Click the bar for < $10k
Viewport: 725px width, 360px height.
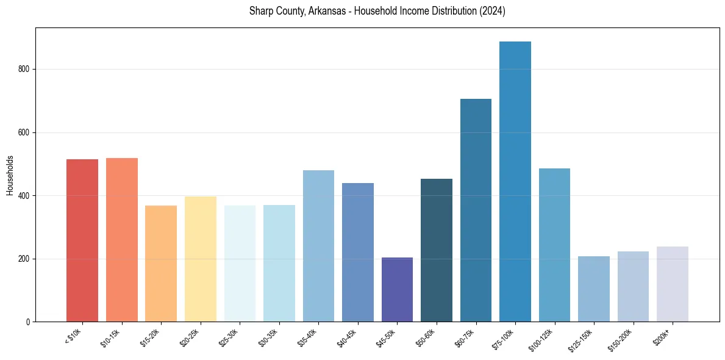pyautogui.click(x=82, y=240)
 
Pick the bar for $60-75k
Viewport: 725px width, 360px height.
pyautogui.click(x=476, y=211)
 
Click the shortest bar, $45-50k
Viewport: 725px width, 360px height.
pyautogui.click(x=397, y=290)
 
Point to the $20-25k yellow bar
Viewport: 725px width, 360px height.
pyautogui.click(x=201, y=259)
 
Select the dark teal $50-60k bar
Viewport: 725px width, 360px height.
pyautogui.click(x=437, y=250)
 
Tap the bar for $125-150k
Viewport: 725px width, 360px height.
pyautogui.click(x=594, y=289)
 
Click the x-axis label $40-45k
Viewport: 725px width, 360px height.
pyautogui.click(x=347, y=337)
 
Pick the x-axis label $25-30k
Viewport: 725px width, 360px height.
pyautogui.click(x=229, y=337)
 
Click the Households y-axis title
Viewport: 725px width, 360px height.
pyautogui.click(x=10, y=175)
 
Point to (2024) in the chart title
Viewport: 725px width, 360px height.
pyautogui.click(x=492, y=12)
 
